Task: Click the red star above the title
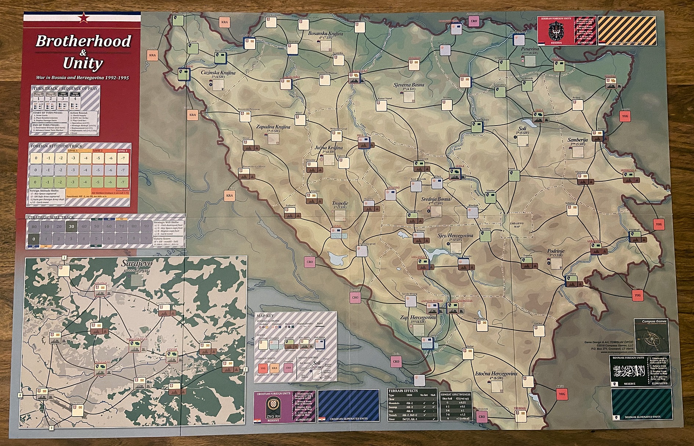pyautogui.click(x=84, y=17)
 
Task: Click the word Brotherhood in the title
pyautogui.click(x=83, y=41)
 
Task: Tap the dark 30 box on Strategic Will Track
pyautogui.click(x=71, y=226)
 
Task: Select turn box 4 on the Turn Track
pyautogui.click(x=75, y=98)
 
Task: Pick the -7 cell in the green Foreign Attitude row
pyautogui.click(x=123, y=182)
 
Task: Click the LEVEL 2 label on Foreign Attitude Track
pyautogui.click(x=98, y=151)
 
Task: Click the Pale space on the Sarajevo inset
pyautogui.click(x=227, y=366)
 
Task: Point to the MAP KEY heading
pyautogui.click(x=265, y=316)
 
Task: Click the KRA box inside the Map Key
pyautogui.click(x=274, y=367)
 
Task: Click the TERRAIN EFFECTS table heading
pyautogui.click(x=403, y=391)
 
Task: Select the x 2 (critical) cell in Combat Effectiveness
pyautogui.click(x=462, y=418)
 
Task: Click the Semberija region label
pyautogui.click(x=578, y=140)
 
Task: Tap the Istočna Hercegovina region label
pyautogui.click(x=496, y=374)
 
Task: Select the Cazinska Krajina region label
pyautogui.click(x=218, y=73)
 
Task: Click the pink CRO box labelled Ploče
pyautogui.click(x=396, y=361)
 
